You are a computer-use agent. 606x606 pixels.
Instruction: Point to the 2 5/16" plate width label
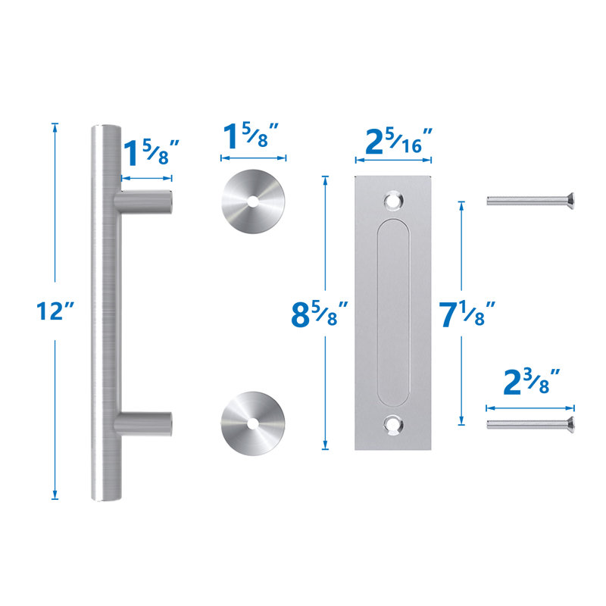click(x=394, y=141)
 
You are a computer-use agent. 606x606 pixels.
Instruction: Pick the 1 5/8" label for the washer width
click(x=253, y=138)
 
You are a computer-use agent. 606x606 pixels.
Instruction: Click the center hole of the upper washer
click(x=252, y=201)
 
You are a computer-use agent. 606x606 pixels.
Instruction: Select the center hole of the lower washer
click(x=252, y=420)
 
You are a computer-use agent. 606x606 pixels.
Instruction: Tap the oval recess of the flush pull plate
click(x=393, y=313)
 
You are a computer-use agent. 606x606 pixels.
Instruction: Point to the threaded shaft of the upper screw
click(x=523, y=201)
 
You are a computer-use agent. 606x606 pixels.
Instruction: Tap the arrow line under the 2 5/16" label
click(x=394, y=161)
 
